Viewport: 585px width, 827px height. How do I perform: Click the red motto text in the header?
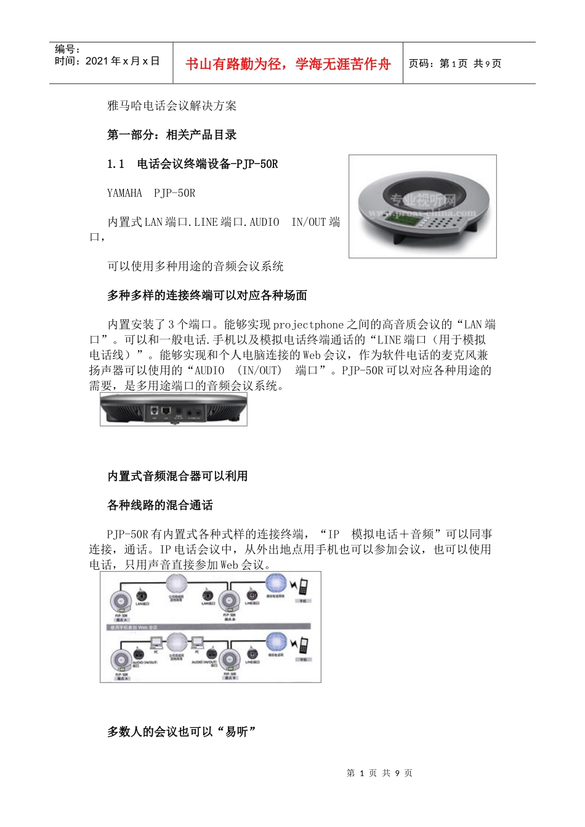pos(288,64)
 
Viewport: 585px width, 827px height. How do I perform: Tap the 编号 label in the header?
pos(67,49)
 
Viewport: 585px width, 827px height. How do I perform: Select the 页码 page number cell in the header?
pos(455,63)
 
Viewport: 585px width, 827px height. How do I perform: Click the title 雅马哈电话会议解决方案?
pos(172,106)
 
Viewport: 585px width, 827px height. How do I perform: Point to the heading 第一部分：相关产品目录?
pos(172,135)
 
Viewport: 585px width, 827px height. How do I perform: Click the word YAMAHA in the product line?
pos(124,193)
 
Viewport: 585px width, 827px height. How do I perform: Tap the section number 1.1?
pos(115,164)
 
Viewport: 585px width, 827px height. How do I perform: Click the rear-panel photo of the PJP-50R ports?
pos(174,410)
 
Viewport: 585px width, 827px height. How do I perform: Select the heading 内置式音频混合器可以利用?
pos(177,476)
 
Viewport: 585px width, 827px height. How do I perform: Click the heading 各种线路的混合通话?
pos(160,505)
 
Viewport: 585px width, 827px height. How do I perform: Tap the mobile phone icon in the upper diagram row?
pos(302,587)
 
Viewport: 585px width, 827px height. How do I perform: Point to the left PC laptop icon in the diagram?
pos(156,644)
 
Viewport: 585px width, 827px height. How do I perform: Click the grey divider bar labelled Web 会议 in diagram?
pos(209,627)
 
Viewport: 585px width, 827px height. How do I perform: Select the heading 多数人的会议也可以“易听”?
pos(182,732)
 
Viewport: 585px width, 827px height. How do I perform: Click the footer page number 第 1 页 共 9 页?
pos(379,773)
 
